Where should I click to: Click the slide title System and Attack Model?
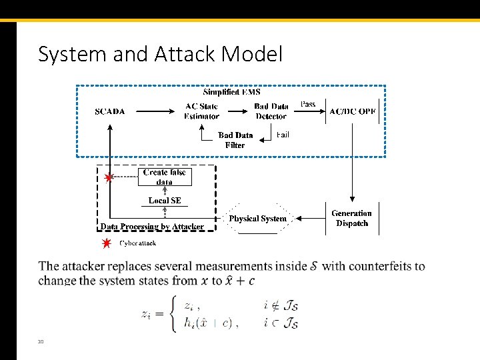point(160,54)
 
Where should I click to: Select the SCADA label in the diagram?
point(109,111)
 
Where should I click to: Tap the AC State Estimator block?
point(201,111)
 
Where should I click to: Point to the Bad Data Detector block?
point(271,111)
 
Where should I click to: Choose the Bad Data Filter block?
point(235,140)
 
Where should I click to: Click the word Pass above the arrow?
point(308,104)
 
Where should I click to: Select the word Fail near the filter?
point(283,135)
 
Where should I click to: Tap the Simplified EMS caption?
point(231,92)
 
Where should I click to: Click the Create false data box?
point(165,177)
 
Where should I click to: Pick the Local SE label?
point(165,201)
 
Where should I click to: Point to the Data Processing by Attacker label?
point(152,227)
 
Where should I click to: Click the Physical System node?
point(257,219)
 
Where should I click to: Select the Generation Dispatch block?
point(352,218)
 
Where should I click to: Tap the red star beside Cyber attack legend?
point(106,243)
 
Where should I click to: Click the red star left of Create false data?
point(109,178)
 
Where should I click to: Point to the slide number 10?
point(41,341)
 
